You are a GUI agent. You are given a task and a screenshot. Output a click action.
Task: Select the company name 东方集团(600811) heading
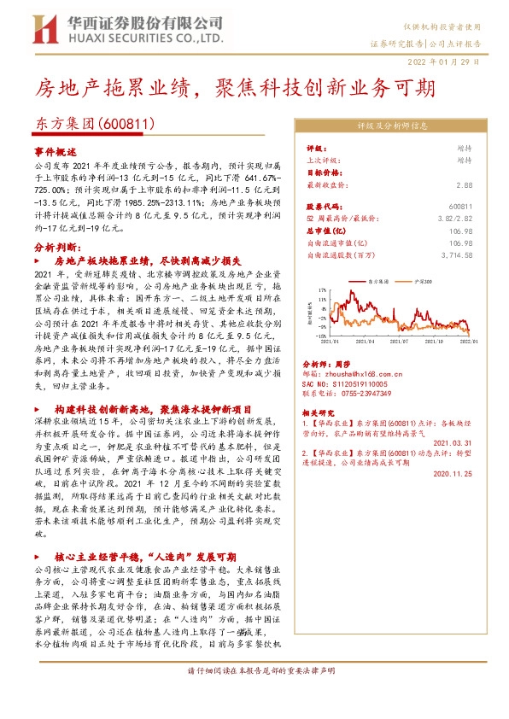coord(94,124)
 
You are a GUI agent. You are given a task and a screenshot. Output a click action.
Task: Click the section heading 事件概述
coord(55,149)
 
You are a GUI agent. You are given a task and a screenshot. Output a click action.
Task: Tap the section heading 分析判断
coord(56,244)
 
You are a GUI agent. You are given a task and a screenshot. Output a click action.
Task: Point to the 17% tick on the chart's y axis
coord(322,290)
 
